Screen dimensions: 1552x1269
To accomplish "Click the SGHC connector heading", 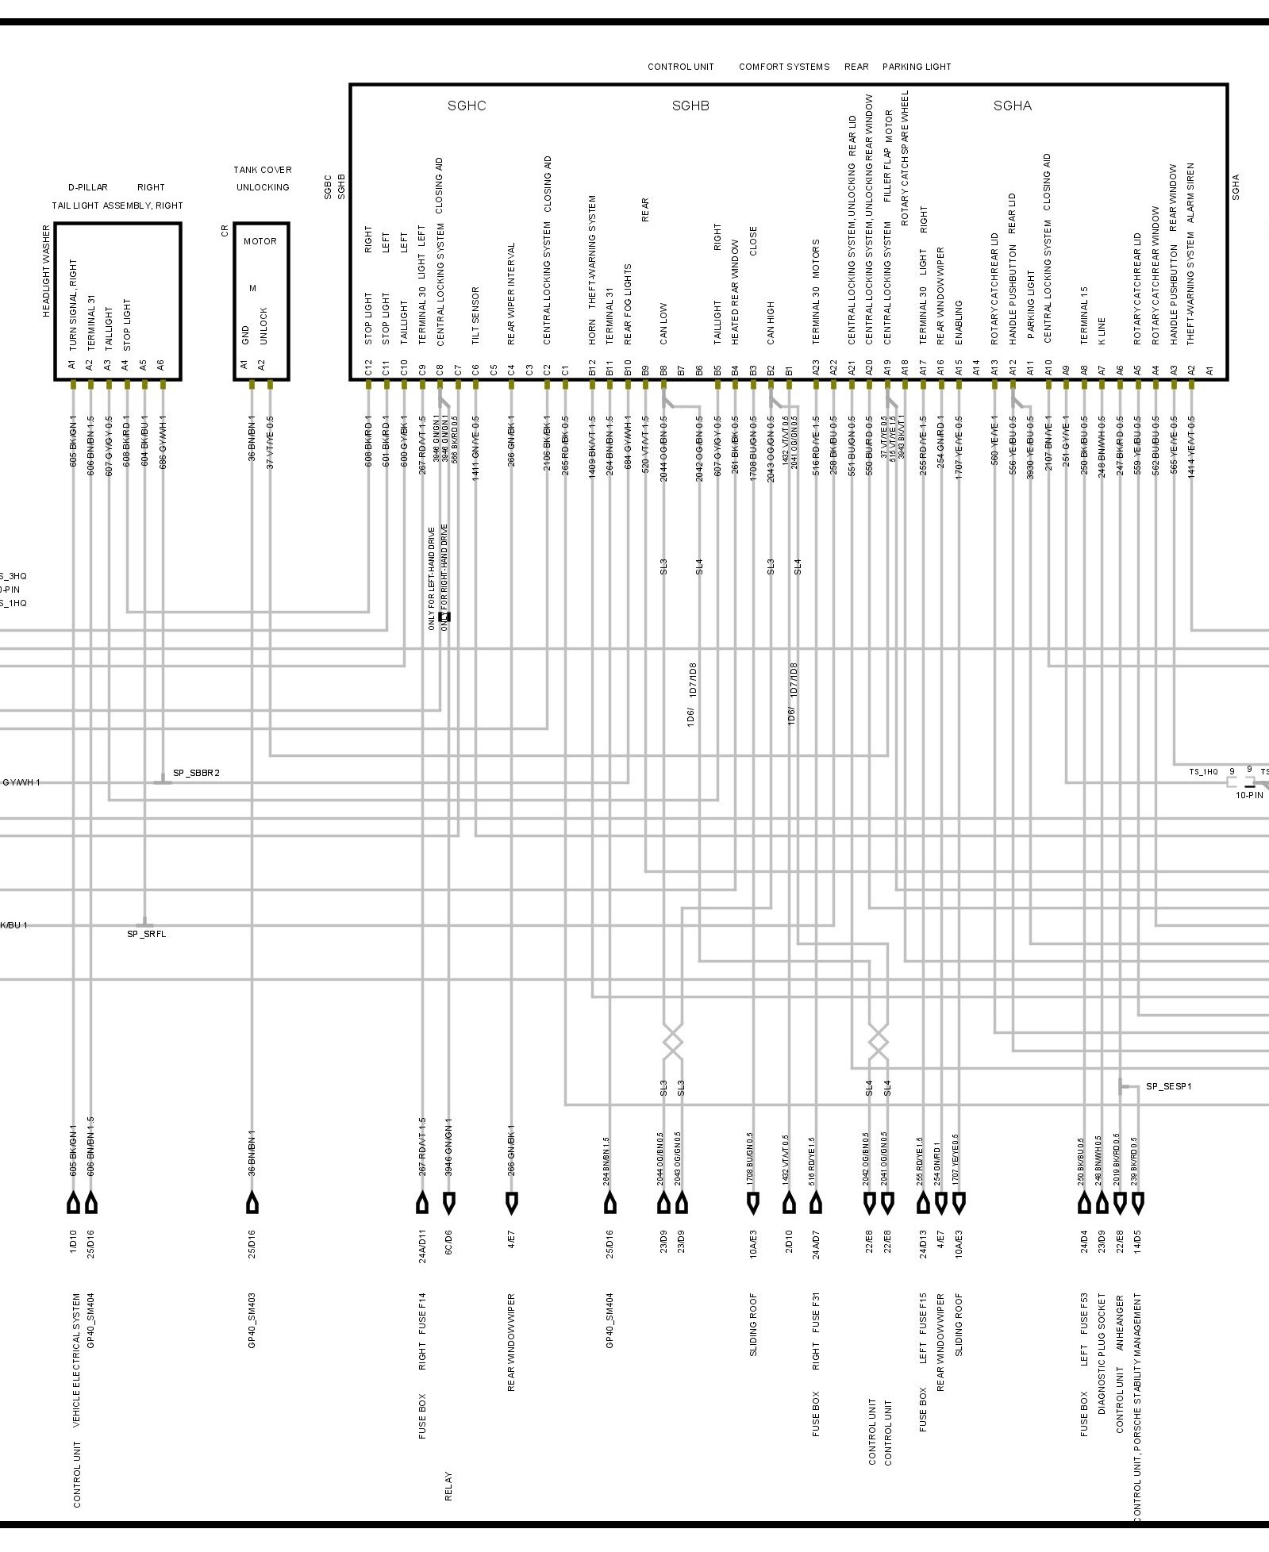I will tap(466, 106).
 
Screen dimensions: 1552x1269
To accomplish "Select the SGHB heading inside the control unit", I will tap(690, 106).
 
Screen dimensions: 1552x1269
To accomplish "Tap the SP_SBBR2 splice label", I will tap(196, 773).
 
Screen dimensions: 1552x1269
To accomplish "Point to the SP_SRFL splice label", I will tap(147, 934).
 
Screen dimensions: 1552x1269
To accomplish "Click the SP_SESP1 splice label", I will tap(1168, 1086).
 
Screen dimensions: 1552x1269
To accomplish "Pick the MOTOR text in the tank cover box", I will tap(260, 241).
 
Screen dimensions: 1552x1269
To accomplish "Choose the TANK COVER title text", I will tap(262, 170).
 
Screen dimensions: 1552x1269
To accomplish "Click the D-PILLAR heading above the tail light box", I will tap(87, 188).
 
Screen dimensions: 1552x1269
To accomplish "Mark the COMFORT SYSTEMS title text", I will tap(784, 67).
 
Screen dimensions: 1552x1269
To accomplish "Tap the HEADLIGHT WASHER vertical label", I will tap(46, 271).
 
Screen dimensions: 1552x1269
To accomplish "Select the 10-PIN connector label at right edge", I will tap(1248, 795).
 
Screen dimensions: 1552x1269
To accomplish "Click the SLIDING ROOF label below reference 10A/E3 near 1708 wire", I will tap(753, 1324).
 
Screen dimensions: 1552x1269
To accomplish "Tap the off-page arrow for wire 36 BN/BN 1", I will tap(252, 1204).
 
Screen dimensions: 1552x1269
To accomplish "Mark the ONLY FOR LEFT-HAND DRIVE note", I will tap(432, 578).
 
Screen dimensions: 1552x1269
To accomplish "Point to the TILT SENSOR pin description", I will tap(475, 315).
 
